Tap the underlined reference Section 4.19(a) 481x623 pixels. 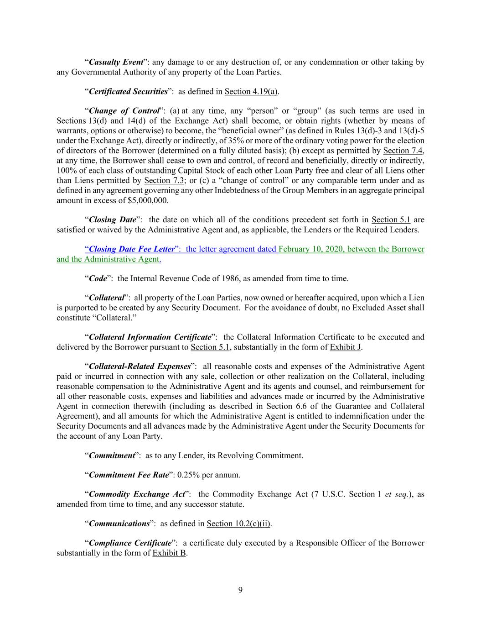(x=251, y=91)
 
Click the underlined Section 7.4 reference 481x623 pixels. (x=403, y=151)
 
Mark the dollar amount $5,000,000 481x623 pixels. (x=147, y=200)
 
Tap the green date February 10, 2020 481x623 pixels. (x=311, y=249)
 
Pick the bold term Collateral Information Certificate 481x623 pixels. (x=150, y=337)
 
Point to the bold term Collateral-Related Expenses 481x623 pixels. (x=140, y=366)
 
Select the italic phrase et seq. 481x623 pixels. (x=397, y=494)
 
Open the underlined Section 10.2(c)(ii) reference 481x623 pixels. (x=238, y=524)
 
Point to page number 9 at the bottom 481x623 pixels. (x=240, y=590)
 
